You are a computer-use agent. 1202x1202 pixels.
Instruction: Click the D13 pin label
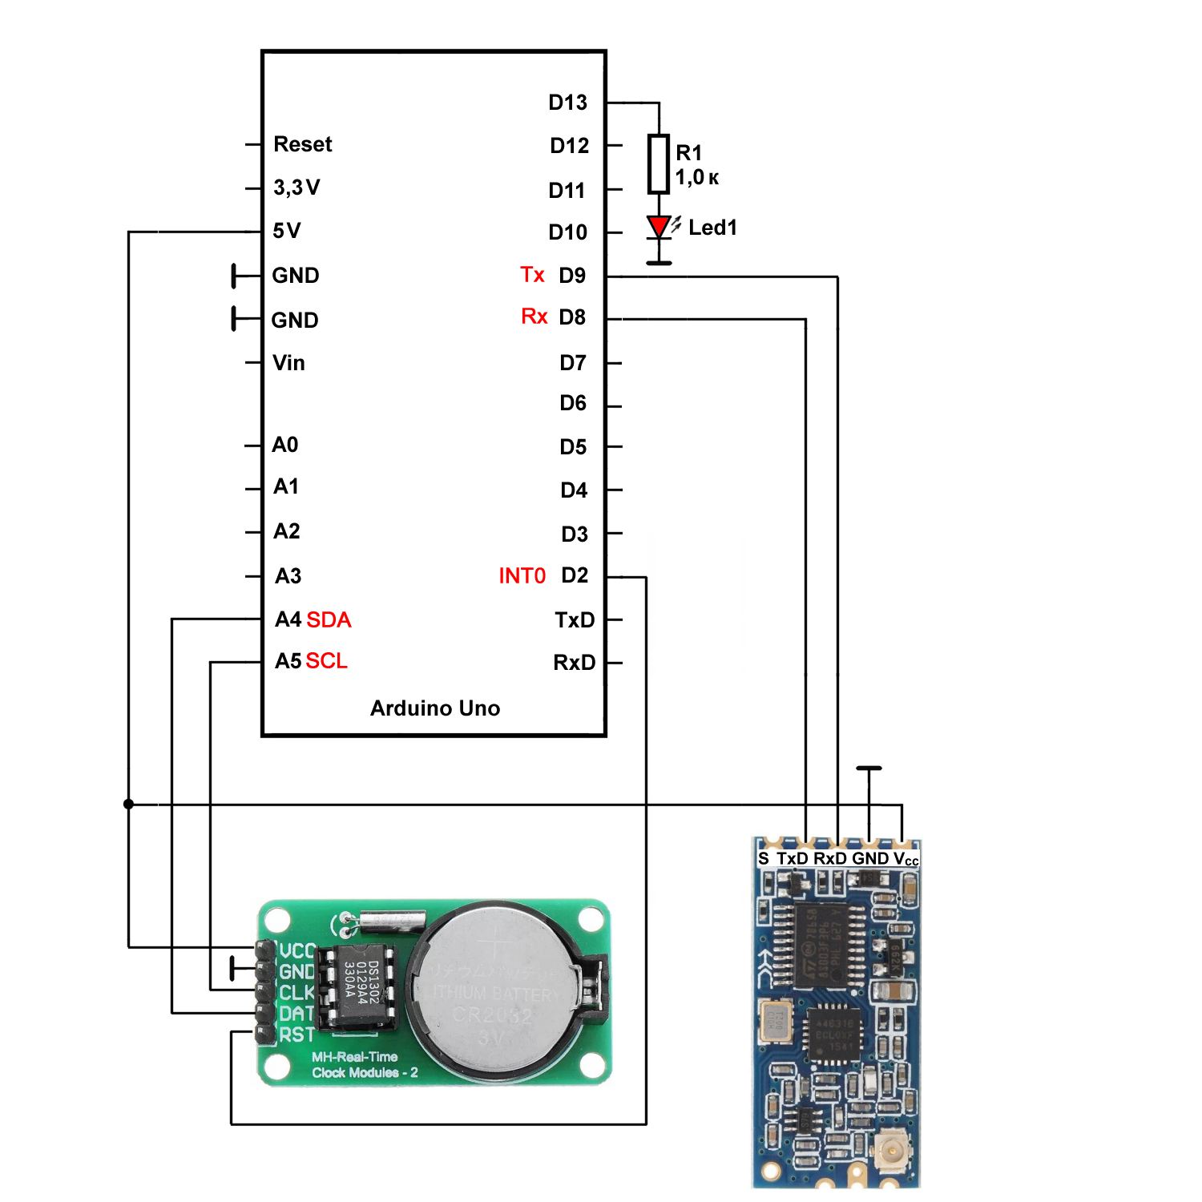pyautogui.click(x=567, y=103)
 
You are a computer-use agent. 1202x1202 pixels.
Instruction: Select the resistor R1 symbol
pyautogui.click(x=659, y=163)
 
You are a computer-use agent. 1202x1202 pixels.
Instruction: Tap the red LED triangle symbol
pyautogui.click(x=659, y=226)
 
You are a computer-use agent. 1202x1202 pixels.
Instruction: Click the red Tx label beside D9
pyautogui.click(x=532, y=275)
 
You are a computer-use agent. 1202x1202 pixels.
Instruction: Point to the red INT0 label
pyautogui.click(x=522, y=576)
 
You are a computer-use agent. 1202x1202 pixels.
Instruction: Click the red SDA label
pyautogui.click(x=329, y=619)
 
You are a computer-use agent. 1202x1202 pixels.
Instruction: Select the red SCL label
pyautogui.click(x=327, y=661)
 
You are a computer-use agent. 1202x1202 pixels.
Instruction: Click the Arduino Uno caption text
pyautogui.click(x=435, y=708)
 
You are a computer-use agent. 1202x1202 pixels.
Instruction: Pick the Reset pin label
pyautogui.click(x=302, y=144)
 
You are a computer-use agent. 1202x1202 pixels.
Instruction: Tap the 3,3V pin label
pyautogui.click(x=296, y=188)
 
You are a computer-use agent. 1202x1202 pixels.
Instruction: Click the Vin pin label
pyautogui.click(x=288, y=363)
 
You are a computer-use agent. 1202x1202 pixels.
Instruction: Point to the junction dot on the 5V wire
pyautogui.click(x=128, y=804)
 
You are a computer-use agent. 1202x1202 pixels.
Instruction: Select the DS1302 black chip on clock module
pyautogui.click(x=356, y=985)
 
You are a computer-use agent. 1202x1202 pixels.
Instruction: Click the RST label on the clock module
pyautogui.click(x=296, y=1035)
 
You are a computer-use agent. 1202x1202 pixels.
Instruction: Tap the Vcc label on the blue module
pyautogui.click(x=906, y=859)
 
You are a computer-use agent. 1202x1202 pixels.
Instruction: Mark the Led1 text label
pyautogui.click(x=712, y=228)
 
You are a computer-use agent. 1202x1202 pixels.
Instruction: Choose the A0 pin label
pyautogui.click(x=285, y=445)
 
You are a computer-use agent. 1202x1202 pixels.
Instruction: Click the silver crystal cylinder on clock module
pyautogui.click(x=391, y=921)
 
